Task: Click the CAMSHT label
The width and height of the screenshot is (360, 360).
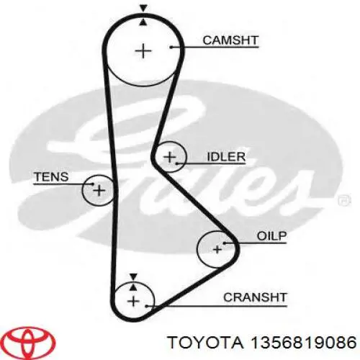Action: (230, 40)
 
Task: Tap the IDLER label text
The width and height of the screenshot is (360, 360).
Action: (226, 157)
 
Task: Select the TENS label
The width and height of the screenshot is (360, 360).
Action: (51, 177)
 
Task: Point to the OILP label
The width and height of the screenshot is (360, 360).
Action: (271, 236)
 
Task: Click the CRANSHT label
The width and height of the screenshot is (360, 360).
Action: (255, 297)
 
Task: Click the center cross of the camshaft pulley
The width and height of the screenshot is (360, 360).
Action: (143, 51)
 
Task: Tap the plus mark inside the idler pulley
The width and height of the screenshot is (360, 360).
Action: (170, 157)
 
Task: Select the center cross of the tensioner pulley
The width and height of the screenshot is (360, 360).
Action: (99, 190)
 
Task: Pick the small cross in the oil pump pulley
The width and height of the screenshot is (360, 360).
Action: (217, 250)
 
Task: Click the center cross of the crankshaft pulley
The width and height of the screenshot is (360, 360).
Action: (134, 302)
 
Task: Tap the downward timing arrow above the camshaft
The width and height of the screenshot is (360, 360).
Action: (143, 9)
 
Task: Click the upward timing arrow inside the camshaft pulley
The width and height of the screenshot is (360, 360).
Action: (143, 22)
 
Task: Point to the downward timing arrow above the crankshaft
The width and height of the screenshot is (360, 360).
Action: (133, 276)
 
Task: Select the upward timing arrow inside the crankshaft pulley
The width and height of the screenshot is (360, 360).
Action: (133, 287)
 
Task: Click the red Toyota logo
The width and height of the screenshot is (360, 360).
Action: (30, 341)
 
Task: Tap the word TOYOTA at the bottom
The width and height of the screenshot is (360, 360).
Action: (206, 342)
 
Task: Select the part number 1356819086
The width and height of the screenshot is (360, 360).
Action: (303, 342)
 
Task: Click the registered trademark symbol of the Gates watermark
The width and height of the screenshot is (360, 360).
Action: (344, 200)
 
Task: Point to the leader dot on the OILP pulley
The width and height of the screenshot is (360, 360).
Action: (224, 243)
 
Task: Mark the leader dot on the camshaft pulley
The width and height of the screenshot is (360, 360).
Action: (171, 47)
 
